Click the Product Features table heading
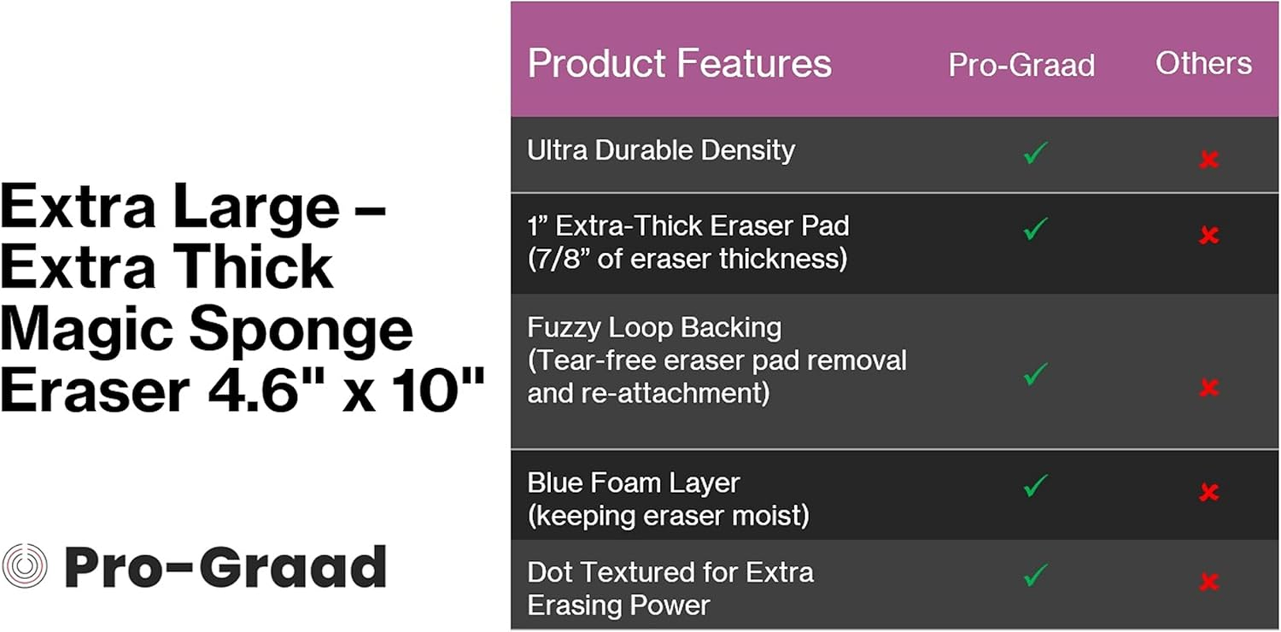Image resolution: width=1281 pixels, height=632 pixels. point(679,63)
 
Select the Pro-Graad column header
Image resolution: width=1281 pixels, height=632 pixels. point(1021,65)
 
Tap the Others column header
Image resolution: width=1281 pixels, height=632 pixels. point(1203,63)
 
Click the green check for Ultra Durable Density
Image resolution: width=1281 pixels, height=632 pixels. point(1035,152)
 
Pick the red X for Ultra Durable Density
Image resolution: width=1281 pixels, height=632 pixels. point(1208,160)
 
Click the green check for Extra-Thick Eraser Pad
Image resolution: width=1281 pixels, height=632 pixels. point(1035,228)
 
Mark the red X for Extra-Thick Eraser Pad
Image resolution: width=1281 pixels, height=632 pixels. point(1208,235)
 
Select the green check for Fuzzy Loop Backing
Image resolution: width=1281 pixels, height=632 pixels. point(1035,374)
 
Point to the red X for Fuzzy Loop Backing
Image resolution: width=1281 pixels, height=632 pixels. point(1208,388)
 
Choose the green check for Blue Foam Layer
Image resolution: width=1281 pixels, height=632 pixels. point(1035,485)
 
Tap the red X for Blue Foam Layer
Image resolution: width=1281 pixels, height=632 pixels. point(1208,493)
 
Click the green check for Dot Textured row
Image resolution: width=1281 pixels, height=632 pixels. point(1035,574)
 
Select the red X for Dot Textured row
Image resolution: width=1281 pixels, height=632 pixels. point(1208,583)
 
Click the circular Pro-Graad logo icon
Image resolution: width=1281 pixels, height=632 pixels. point(24,566)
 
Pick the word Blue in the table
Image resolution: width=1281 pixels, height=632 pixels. point(556,482)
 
